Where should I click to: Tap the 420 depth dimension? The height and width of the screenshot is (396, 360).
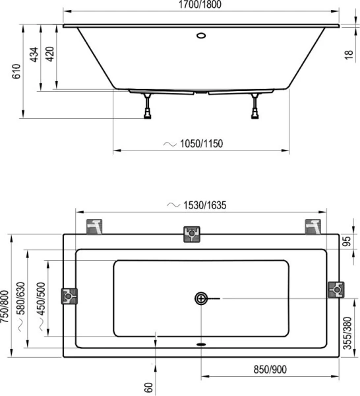[x=50, y=57]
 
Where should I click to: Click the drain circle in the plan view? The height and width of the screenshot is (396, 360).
[x=201, y=298]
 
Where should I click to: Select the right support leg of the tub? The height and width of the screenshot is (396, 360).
[x=254, y=107]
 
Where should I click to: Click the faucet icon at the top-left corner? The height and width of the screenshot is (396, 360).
[x=96, y=226]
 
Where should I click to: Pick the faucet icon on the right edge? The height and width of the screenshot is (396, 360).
[x=336, y=289]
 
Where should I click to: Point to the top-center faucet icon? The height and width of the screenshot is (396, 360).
[x=191, y=234]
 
